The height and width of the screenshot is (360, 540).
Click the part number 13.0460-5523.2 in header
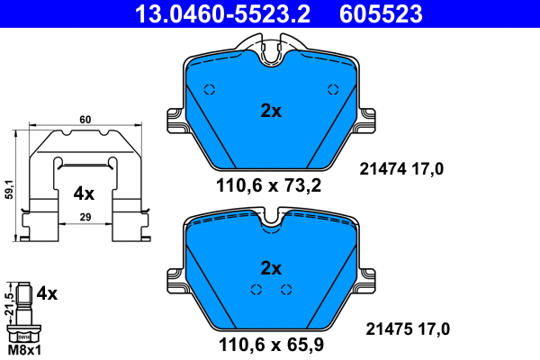click(x=210, y=13)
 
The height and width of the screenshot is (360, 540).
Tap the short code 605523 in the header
click(x=379, y=13)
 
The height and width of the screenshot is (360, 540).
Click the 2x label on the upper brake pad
click(x=271, y=112)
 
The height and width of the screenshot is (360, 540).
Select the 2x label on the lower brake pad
click(x=271, y=268)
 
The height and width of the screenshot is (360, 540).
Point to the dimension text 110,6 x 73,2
click(x=269, y=186)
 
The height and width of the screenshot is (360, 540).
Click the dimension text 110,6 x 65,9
click(x=269, y=343)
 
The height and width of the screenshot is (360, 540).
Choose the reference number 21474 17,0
click(x=402, y=167)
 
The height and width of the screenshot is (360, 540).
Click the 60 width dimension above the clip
click(x=85, y=119)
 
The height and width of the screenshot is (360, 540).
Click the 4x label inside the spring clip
click(x=84, y=193)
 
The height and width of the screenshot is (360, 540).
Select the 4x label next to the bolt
click(x=46, y=293)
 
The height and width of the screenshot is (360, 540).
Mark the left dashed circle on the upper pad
click(x=211, y=89)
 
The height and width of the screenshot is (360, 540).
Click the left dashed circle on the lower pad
click(x=256, y=289)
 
